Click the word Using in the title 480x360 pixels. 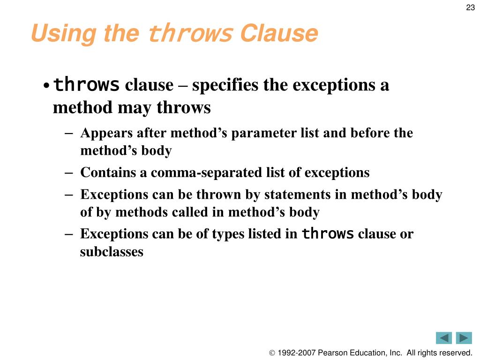click(x=64, y=34)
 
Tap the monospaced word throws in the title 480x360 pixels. click(x=190, y=34)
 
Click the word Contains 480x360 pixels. click(x=108, y=173)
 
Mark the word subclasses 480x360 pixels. click(x=112, y=252)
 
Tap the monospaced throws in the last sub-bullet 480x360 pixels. click(x=327, y=234)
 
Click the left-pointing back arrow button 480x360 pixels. click(x=443, y=338)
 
